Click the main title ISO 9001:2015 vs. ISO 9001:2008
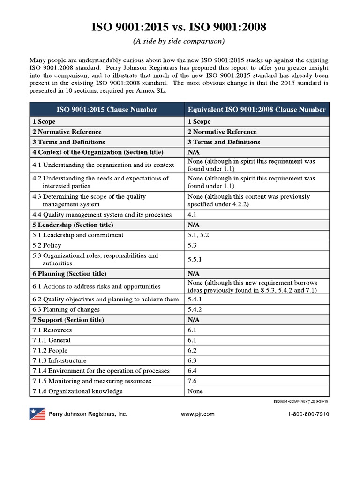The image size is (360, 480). click(180, 27)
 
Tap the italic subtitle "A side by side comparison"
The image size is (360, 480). click(180, 42)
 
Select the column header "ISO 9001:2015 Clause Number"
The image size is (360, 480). click(107, 110)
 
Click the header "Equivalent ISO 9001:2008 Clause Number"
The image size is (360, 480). click(256, 110)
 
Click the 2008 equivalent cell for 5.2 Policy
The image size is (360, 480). click(193, 245)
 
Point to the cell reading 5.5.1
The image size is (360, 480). click(195, 259)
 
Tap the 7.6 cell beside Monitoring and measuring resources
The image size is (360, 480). click(193, 381)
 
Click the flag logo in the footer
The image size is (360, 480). click(37, 414)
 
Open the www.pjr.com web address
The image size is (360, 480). click(197, 414)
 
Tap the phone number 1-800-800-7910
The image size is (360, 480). click(308, 414)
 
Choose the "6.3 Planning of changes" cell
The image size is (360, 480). click(66, 309)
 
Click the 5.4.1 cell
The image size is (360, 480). click(195, 299)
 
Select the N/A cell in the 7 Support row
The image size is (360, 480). click(194, 320)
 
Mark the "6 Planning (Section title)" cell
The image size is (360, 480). click(69, 273)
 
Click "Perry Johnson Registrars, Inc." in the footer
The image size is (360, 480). click(88, 414)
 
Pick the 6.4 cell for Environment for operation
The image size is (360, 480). click(193, 371)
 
